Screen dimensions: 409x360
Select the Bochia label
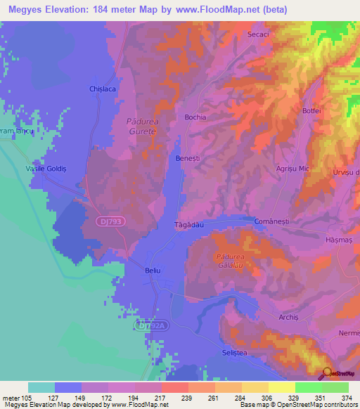195,117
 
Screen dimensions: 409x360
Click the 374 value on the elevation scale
345,397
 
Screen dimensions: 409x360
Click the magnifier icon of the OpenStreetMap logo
327,373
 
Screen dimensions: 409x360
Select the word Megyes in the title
25,9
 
